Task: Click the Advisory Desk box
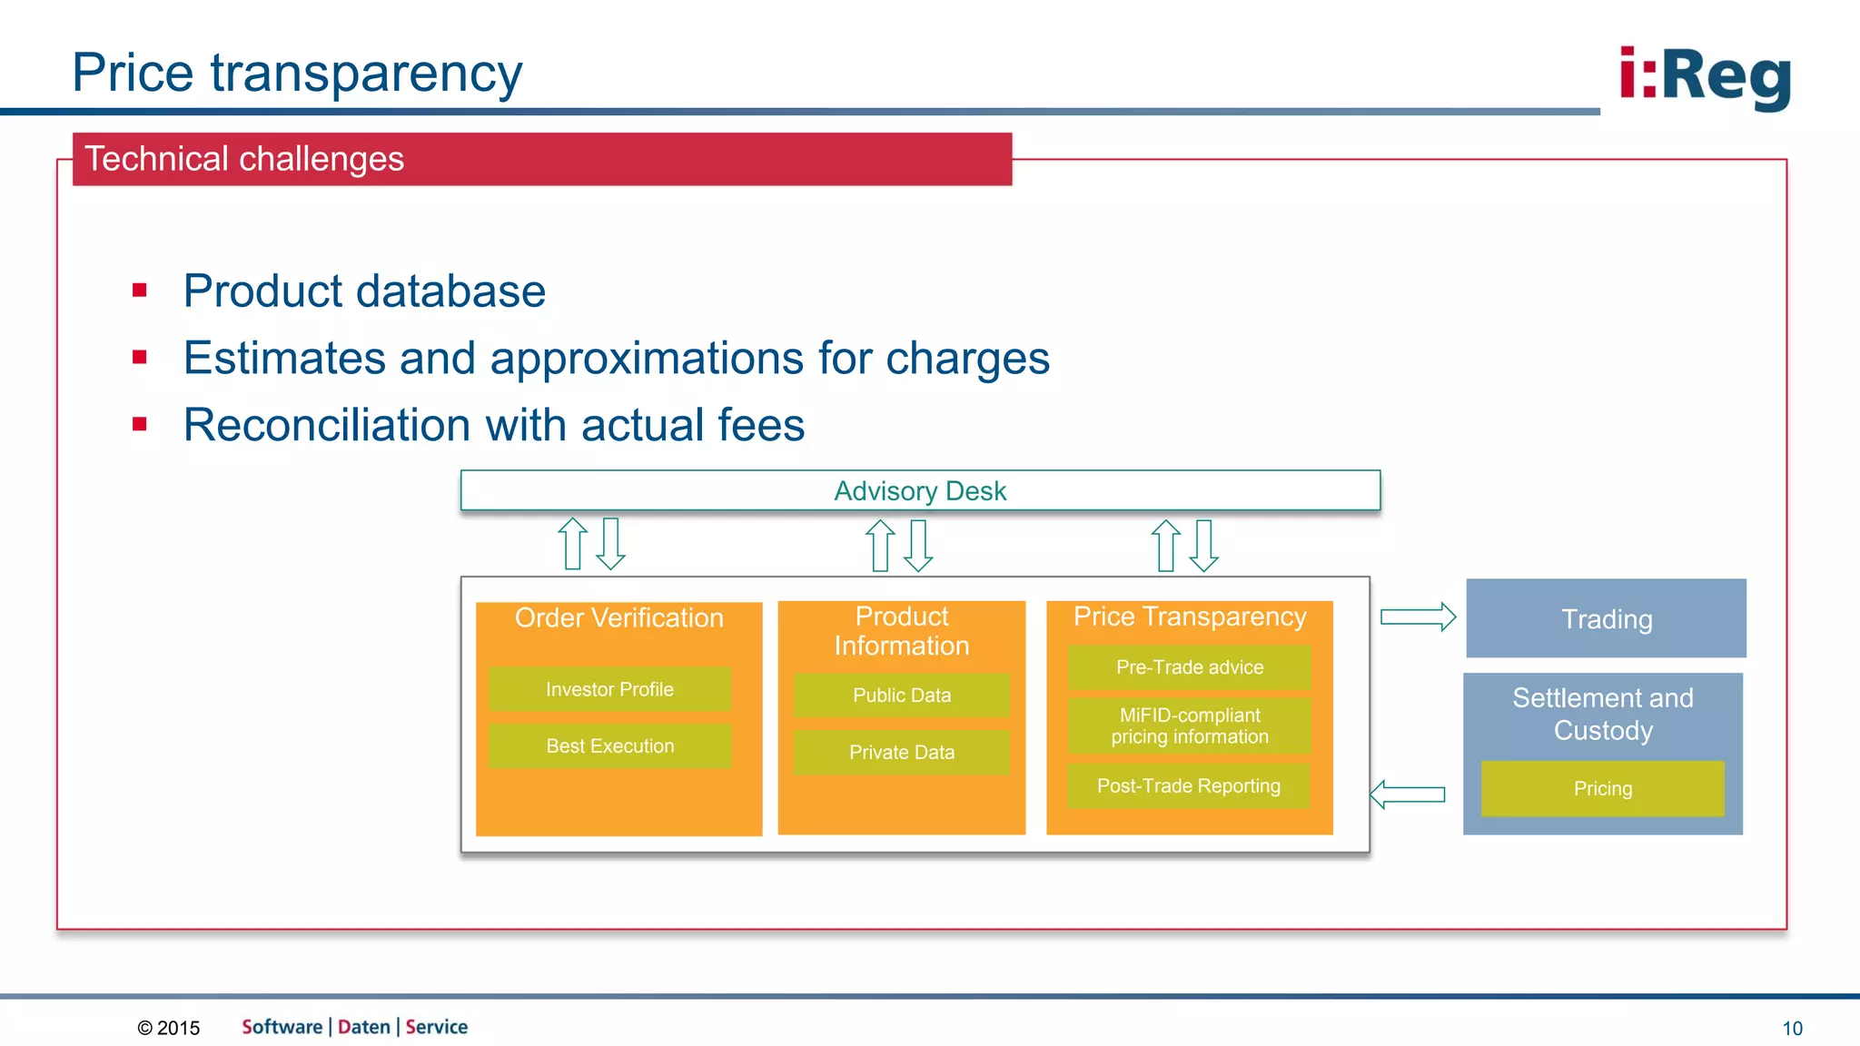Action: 920,490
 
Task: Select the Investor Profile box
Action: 609,689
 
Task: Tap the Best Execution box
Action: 609,746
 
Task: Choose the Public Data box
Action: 901,696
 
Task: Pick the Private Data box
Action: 901,752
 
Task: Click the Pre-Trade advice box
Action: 1189,667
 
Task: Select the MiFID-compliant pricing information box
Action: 1189,725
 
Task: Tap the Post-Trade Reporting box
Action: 1188,786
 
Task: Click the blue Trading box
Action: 1606,618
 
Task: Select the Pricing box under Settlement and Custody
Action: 1602,788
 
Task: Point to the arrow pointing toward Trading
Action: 1418,617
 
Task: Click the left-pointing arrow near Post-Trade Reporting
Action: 1408,794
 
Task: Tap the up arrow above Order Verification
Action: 572,543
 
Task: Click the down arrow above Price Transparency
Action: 1203,545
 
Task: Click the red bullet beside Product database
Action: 139,291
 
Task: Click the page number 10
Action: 1792,1029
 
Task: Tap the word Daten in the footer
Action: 364,1027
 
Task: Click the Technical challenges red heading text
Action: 244,159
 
